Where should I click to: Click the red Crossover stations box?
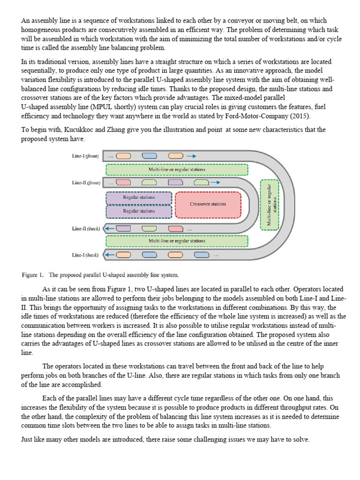[208, 204]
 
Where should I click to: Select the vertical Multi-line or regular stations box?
[269, 205]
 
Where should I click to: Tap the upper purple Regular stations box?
[139, 198]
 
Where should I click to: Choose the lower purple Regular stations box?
[139, 211]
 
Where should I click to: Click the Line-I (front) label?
[85, 156]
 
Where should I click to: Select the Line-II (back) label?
[85, 229]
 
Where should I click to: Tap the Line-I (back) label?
[85, 255]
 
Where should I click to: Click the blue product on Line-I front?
[150, 156]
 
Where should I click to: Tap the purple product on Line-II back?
[123, 229]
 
